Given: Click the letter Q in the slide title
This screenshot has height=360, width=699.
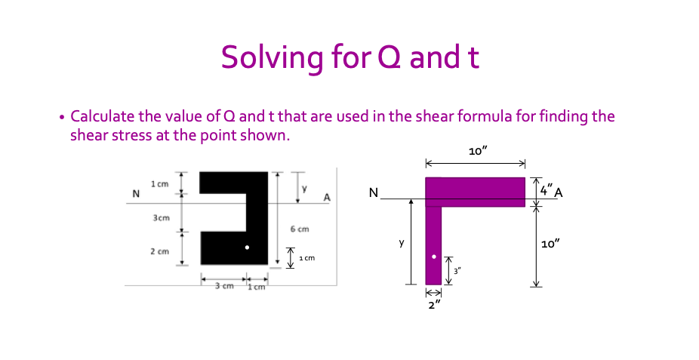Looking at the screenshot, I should point(386,57).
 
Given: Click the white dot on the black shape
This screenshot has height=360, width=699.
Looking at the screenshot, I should point(247,248).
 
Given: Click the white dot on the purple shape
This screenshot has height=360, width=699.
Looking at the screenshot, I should point(433,257).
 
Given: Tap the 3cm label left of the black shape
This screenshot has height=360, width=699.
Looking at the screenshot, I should point(160,217).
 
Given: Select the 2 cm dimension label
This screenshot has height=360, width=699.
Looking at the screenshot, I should point(159,250).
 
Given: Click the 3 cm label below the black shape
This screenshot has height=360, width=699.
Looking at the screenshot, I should point(223,287).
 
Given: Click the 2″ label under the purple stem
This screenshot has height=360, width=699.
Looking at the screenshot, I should point(433,305).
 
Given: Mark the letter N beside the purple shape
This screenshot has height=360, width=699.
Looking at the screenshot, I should point(374,193).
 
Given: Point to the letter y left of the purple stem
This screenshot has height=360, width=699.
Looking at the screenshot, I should point(402,243).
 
